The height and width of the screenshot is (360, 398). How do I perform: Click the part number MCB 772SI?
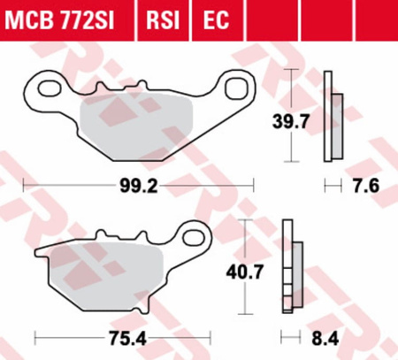(x=59, y=20)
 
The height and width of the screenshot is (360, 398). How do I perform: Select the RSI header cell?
(x=163, y=20)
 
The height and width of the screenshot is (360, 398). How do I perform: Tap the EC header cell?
(x=218, y=20)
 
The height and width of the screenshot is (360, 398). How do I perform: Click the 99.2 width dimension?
(x=139, y=187)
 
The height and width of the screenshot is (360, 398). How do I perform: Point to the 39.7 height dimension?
(x=290, y=121)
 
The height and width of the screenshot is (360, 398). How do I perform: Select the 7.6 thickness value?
(x=366, y=186)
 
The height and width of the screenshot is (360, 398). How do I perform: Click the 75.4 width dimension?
(x=127, y=339)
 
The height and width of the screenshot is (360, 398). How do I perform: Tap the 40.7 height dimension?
(x=244, y=272)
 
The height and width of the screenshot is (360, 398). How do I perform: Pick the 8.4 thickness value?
(x=325, y=339)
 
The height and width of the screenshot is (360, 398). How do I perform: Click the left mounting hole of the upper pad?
(x=50, y=88)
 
